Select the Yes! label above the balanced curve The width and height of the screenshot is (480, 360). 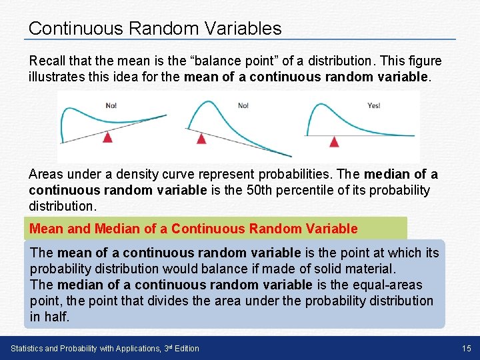[x=373, y=105]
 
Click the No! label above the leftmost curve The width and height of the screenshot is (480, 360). [x=111, y=105]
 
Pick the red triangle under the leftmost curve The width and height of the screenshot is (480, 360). [x=107, y=136]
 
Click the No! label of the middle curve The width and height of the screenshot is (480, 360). [x=243, y=105]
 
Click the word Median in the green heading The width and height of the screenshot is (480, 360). [x=117, y=229]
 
